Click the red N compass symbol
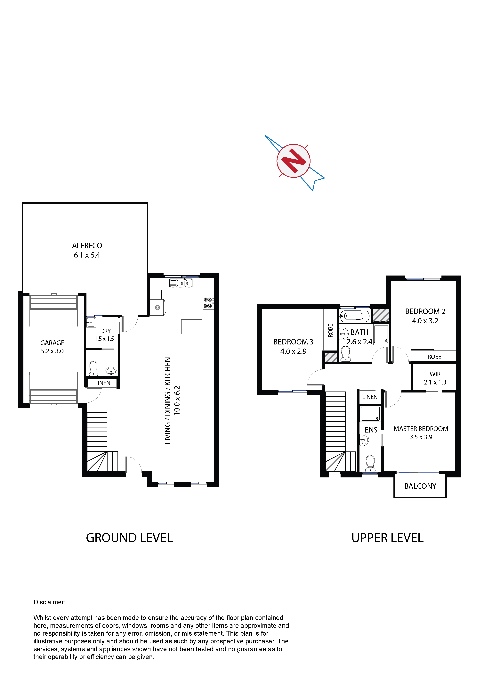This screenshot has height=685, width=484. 294,161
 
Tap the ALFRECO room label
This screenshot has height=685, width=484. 87,245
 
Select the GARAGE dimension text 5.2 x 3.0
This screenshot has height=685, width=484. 52,351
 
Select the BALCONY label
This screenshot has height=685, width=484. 420,486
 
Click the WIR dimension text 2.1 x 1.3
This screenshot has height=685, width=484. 435,382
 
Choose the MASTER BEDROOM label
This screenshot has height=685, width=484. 421,429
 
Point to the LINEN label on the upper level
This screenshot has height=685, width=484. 370,397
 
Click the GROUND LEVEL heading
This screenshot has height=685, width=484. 129,538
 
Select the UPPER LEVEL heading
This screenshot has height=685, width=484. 387,538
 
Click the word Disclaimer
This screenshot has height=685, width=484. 49,602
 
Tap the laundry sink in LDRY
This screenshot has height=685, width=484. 91,322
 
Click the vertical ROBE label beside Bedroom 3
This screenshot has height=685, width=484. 330,331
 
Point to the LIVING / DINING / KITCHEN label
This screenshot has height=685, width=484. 168,401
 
